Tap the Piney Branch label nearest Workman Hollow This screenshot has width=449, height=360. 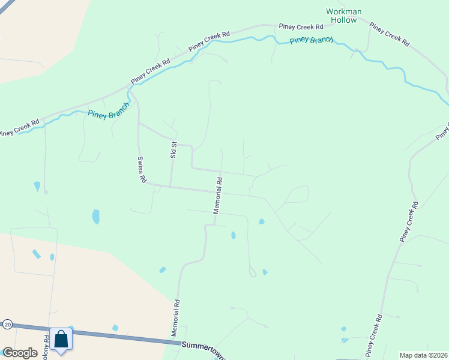(x=312, y=40)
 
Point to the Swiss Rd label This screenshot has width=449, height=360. (x=142, y=170)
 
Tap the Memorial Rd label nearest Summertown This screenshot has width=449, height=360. (x=177, y=321)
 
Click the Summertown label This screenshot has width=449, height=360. (x=203, y=347)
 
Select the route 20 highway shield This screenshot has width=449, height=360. (x=7, y=324)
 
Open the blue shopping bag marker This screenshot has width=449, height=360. (x=61, y=339)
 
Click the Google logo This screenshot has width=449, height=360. (x=19, y=353)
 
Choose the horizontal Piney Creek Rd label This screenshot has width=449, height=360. (x=301, y=26)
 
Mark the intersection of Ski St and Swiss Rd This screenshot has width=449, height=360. (x=170, y=186)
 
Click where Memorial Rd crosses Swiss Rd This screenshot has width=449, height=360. (x=217, y=191)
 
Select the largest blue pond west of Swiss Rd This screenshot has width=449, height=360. (x=95, y=216)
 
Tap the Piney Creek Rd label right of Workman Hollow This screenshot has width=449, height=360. (x=389, y=34)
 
